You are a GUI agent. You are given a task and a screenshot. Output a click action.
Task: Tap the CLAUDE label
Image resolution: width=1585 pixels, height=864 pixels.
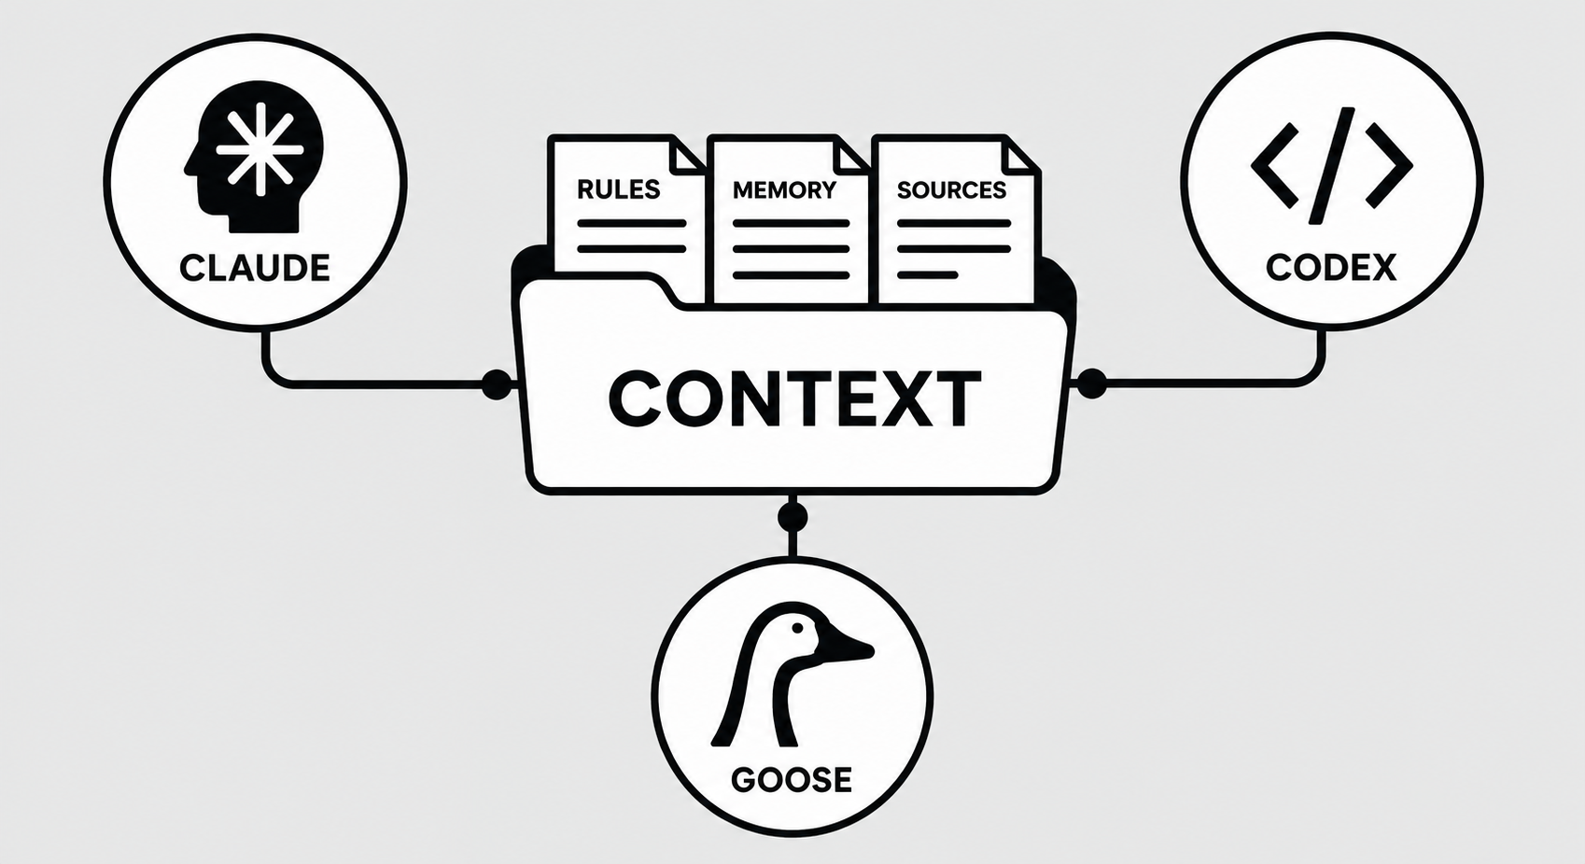point(255,268)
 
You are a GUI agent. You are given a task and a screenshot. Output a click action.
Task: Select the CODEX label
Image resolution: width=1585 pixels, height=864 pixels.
point(1331,267)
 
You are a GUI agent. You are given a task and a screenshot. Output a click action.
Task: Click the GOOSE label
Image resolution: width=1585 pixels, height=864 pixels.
point(791,780)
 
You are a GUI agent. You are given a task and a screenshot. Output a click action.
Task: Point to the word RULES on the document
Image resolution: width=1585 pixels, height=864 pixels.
point(619,189)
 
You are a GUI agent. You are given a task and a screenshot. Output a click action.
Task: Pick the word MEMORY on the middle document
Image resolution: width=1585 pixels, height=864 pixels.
point(784,189)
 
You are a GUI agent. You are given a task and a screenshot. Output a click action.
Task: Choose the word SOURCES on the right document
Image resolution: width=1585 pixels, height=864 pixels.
point(952,189)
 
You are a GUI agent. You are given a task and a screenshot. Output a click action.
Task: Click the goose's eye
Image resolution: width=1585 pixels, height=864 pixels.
point(798,628)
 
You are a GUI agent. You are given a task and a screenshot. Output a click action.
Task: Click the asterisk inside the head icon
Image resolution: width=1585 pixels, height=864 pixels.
point(260,149)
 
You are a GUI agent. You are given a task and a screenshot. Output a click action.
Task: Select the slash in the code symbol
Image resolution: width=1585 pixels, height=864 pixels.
point(1332,166)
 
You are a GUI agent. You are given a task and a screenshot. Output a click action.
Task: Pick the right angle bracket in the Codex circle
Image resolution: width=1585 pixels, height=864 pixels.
point(1388,166)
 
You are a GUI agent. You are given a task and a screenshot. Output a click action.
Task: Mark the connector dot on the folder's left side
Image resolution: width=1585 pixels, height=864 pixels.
point(497,383)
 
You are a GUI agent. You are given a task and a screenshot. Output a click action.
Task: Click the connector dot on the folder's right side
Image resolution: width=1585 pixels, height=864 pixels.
point(1091,383)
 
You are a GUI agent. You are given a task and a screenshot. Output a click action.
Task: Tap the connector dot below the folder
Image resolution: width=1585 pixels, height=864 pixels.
point(792,517)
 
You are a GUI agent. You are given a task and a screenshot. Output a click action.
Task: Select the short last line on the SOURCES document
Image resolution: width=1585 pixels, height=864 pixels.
point(927,275)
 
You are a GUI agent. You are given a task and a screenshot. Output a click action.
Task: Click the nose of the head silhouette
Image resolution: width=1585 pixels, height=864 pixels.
point(189,168)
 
